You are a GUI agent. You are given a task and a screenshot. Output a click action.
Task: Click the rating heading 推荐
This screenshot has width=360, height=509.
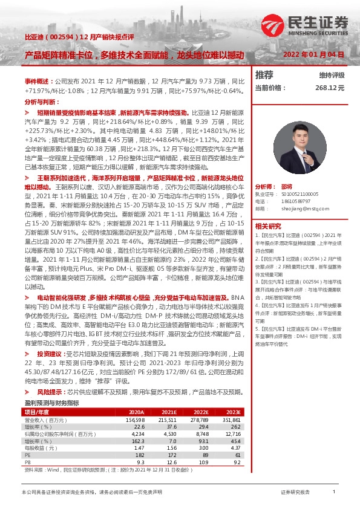pyautogui.click(x=264, y=75)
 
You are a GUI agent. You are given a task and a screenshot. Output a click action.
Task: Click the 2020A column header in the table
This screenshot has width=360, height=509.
pyautogui.click(x=136, y=412)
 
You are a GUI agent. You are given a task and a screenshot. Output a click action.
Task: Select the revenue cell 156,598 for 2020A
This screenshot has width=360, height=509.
pyautogui.click(x=135, y=419)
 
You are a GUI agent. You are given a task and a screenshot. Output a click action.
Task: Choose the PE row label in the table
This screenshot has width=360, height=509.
pyautogui.click(x=27, y=455)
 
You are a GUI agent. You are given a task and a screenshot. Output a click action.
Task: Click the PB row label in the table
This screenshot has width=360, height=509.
pyautogui.click(x=27, y=462)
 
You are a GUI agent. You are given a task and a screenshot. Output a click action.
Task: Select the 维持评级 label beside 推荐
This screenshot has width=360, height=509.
pyautogui.click(x=332, y=75)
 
